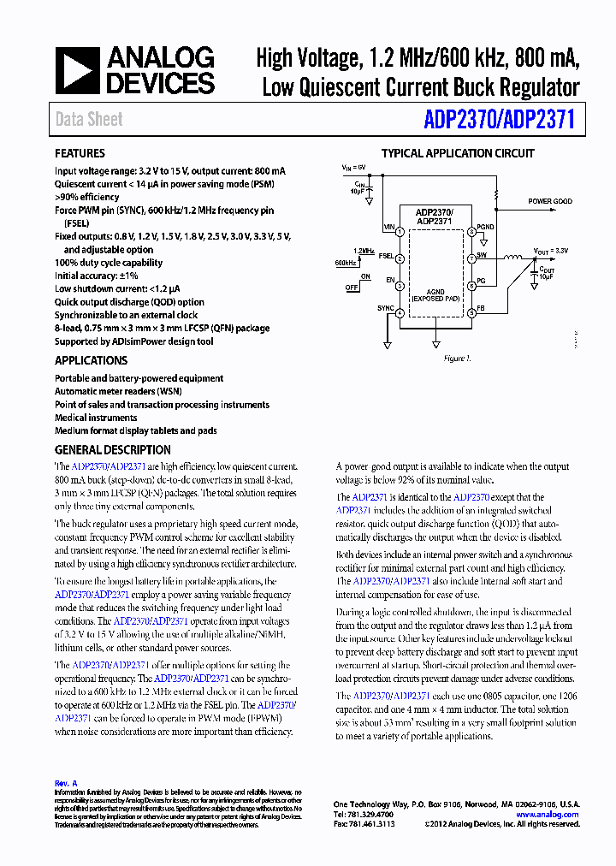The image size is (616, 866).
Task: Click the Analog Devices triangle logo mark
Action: pyautogui.click(x=77, y=70)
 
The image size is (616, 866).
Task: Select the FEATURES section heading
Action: pyautogui.click(x=80, y=153)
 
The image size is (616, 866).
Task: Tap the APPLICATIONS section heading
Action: pyautogui.click(x=91, y=360)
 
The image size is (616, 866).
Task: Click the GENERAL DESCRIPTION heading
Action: pyautogui.click(x=112, y=449)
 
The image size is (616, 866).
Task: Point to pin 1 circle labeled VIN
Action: pyautogui.click(x=400, y=228)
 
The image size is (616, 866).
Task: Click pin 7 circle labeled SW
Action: pyautogui.click(x=471, y=258)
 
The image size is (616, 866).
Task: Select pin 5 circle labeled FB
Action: pyautogui.click(x=471, y=313)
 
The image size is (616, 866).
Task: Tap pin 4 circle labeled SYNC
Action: pyautogui.click(x=400, y=313)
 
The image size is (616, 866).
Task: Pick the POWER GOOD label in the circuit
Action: pyautogui.click(x=550, y=202)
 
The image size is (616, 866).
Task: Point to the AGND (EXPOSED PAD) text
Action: pyautogui.click(x=435, y=295)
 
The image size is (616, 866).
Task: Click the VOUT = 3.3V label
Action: pyautogui.click(x=551, y=251)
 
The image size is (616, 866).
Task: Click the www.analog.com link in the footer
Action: pyautogui.click(x=548, y=815)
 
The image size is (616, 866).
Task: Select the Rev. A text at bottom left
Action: pyautogui.click(x=66, y=783)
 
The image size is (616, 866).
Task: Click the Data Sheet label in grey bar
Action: pyautogui.click(x=89, y=120)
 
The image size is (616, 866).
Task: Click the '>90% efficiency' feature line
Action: pyautogui.click(x=86, y=197)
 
